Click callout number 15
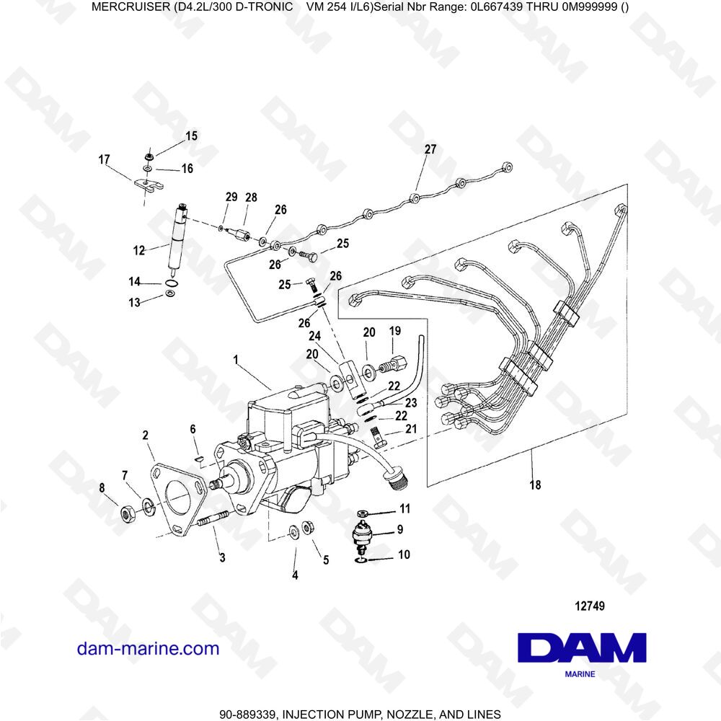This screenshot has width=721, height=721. (x=191, y=136)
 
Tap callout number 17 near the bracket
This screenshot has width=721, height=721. (x=105, y=159)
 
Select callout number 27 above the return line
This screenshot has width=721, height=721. (x=430, y=149)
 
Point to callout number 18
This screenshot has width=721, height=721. (x=535, y=485)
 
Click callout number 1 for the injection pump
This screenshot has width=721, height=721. (x=236, y=360)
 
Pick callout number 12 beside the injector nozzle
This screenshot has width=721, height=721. (x=139, y=251)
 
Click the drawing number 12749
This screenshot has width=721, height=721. (x=590, y=606)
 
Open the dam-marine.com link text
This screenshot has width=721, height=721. (x=148, y=649)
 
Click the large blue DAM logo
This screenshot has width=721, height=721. (x=582, y=647)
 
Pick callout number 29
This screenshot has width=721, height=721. (x=231, y=197)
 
